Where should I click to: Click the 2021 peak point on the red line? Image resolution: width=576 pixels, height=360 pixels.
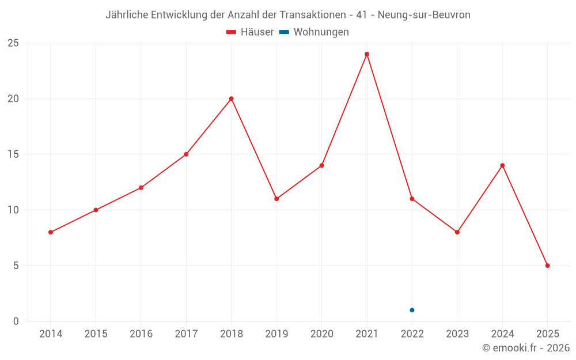tap(367, 54)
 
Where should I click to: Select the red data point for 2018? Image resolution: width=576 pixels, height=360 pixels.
tap(231, 98)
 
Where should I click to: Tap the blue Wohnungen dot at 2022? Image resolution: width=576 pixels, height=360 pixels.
tap(412, 310)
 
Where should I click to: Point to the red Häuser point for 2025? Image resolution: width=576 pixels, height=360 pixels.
tap(547, 266)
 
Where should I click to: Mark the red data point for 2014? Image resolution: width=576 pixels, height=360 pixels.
tap(51, 232)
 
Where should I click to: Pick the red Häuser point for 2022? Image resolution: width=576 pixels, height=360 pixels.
tap(412, 199)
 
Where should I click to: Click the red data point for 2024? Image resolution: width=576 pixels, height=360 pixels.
tap(502, 165)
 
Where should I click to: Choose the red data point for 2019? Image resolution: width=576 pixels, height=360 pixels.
tap(276, 199)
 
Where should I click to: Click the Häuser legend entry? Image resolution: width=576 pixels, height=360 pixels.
tap(251, 32)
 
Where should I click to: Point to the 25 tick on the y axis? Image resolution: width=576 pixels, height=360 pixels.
tap(13, 43)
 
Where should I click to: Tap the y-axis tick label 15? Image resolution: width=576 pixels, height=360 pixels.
tap(13, 154)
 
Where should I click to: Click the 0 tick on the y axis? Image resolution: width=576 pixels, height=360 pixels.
tap(16, 321)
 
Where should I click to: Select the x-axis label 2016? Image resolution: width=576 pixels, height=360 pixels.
tap(141, 334)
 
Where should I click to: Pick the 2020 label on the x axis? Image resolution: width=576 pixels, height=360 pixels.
tap(321, 334)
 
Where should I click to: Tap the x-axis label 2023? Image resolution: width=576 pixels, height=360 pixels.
tap(457, 334)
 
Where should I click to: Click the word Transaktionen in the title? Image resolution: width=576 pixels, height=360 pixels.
tap(312, 15)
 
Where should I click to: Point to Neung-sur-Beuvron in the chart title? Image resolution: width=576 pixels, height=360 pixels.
tap(424, 15)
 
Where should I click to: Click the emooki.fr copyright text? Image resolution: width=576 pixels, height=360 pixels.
tap(526, 348)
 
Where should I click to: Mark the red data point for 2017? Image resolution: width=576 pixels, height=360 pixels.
tap(186, 154)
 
